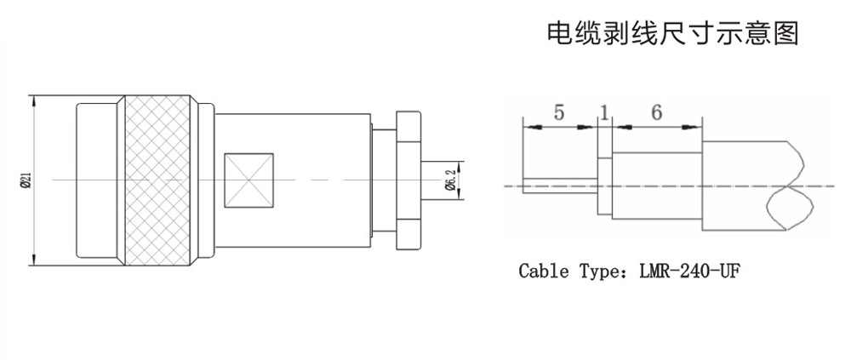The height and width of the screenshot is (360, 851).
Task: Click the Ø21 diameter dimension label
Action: [x=26, y=180]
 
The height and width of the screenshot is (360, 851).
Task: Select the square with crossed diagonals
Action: [x=248, y=180]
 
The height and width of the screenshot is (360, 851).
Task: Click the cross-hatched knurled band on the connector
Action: [x=157, y=180]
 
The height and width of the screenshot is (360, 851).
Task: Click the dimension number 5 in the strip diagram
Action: [x=557, y=112]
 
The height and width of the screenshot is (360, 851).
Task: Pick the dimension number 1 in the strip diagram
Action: [x=604, y=112]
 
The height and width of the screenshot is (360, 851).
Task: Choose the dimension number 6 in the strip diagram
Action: [x=656, y=112]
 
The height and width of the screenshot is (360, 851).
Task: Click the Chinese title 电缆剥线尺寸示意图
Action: [x=671, y=33]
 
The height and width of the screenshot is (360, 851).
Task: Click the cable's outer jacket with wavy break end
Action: [x=749, y=185]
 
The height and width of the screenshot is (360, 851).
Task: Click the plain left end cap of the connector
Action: [x=99, y=180]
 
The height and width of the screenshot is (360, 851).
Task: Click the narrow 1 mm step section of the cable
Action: [x=604, y=185]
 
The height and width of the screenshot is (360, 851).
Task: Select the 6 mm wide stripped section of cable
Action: [x=656, y=185]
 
